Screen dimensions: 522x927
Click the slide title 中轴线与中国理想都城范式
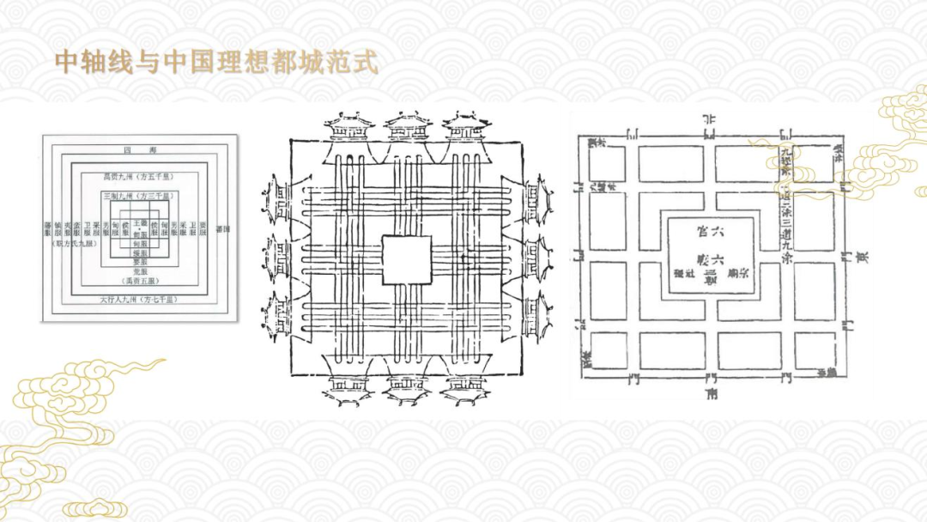tap(215, 62)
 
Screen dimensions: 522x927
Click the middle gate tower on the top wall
tap(407, 130)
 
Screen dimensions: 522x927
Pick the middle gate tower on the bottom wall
tap(407, 387)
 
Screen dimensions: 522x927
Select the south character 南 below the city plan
tap(711, 396)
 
